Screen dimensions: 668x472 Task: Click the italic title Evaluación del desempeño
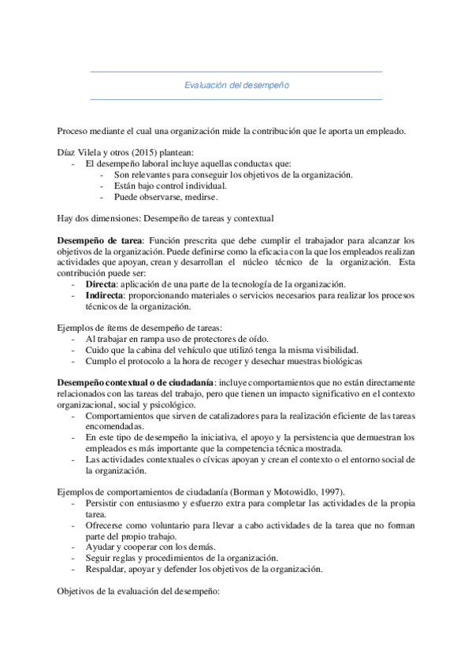pyautogui.click(x=236, y=85)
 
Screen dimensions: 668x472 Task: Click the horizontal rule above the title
pyautogui.click(x=236, y=72)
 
